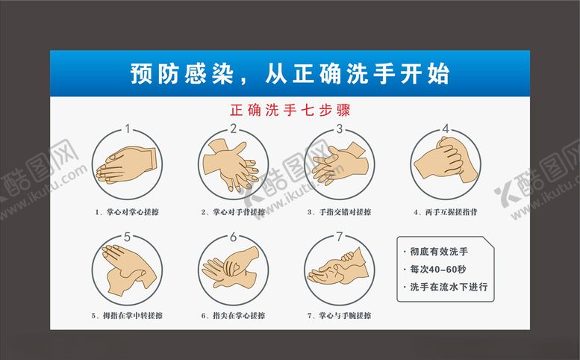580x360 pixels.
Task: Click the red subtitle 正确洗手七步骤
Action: pyautogui.click(x=290, y=111)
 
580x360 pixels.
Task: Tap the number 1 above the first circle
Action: pyautogui.click(x=128, y=128)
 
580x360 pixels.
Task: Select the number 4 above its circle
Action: pyautogui.click(x=446, y=128)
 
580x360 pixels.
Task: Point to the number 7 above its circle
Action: pyautogui.click(x=340, y=237)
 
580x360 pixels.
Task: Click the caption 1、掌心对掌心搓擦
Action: pyautogui.click(x=127, y=212)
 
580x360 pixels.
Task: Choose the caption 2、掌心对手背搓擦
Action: pyautogui.click(x=233, y=212)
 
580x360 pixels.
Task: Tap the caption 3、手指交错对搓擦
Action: pyautogui.click(x=339, y=212)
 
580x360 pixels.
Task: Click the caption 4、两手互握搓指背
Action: pyautogui.click(x=446, y=212)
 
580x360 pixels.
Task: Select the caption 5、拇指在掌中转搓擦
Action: pyautogui.click(x=127, y=316)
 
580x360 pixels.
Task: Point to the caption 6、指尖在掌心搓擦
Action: pyautogui.click(x=233, y=316)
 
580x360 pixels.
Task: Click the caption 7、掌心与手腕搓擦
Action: pyautogui.click(x=339, y=316)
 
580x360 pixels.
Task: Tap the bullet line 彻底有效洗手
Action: pyautogui.click(x=436, y=252)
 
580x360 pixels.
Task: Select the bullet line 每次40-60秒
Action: pyautogui.click(x=434, y=270)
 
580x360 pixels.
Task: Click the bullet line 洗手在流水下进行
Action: pyautogui.click(x=446, y=287)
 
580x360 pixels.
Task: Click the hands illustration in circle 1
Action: pyautogui.click(x=126, y=165)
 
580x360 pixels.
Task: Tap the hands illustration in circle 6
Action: pyautogui.click(x=231, y=267)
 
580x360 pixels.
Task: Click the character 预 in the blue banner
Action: pyautogui.click(x=141, y=74)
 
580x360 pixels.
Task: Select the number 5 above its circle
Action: pyautogui.click(x=128, y=237)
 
